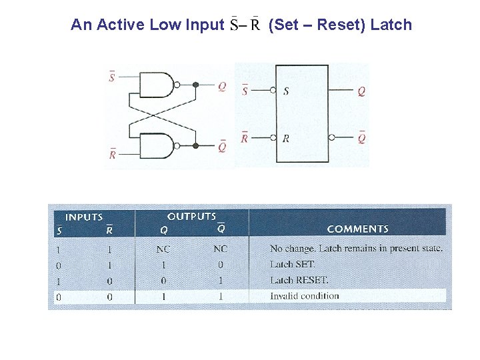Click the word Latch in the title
391,25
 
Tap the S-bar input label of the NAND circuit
111,78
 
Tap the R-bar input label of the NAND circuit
112,154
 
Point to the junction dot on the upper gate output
195,85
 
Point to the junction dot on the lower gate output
195,145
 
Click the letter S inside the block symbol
286,91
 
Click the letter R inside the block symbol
286,138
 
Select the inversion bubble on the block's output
331,138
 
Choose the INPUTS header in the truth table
84,217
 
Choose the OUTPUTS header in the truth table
191,216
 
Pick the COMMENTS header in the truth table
357,229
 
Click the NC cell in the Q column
163,249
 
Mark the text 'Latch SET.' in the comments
292,265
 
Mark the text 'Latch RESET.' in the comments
299,280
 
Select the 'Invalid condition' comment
304,296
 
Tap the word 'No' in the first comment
276,249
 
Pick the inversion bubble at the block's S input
273,91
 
